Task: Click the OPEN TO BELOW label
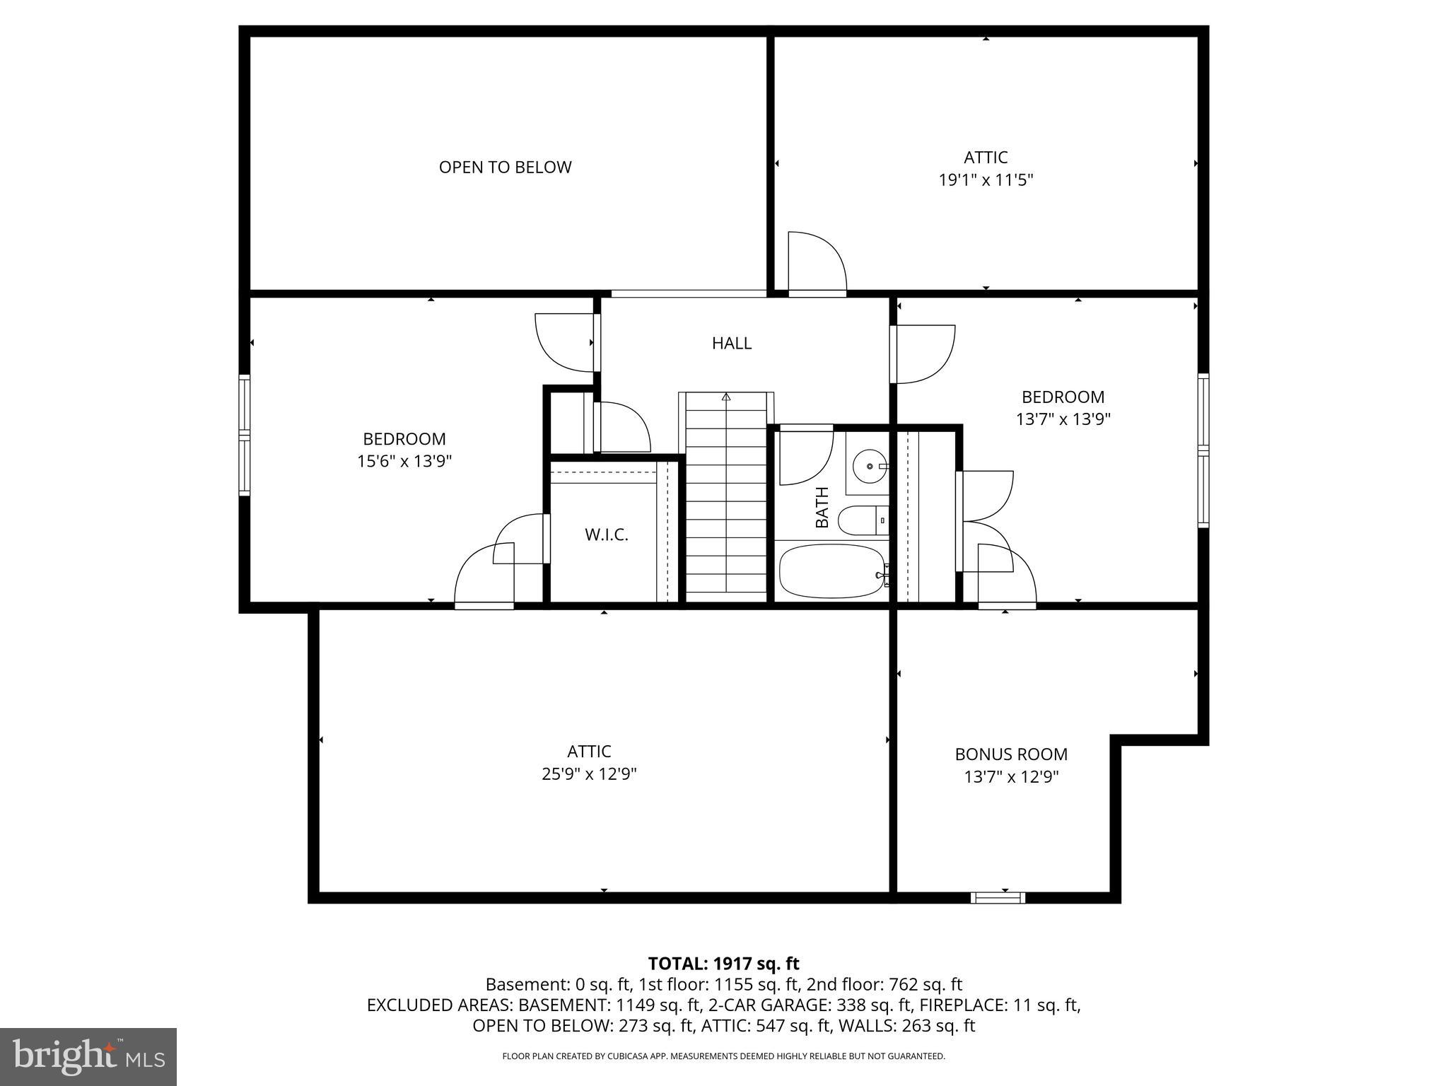click(x=505, y=168)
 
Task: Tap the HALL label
click(x=732, y=343)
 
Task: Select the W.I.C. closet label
click(x=606, y=535)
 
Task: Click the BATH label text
click(x=822, y=507)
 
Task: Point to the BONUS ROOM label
click(x=1011, y=754)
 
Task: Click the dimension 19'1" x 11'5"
click(x=986, y=180)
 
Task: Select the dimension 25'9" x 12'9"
click(x=589, y=774)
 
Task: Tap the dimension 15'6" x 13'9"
click(x=404, y=462)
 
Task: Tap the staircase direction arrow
click(x=726, y=397)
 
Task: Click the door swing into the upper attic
click(x=817, y=262)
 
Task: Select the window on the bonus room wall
click(x=997, y=898)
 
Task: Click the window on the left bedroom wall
click(x=245, y=435)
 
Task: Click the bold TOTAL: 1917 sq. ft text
click(x=723, y=964)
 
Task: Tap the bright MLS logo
click(x=88, y=1057)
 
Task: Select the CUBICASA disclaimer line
click(x=723, y=1056)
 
